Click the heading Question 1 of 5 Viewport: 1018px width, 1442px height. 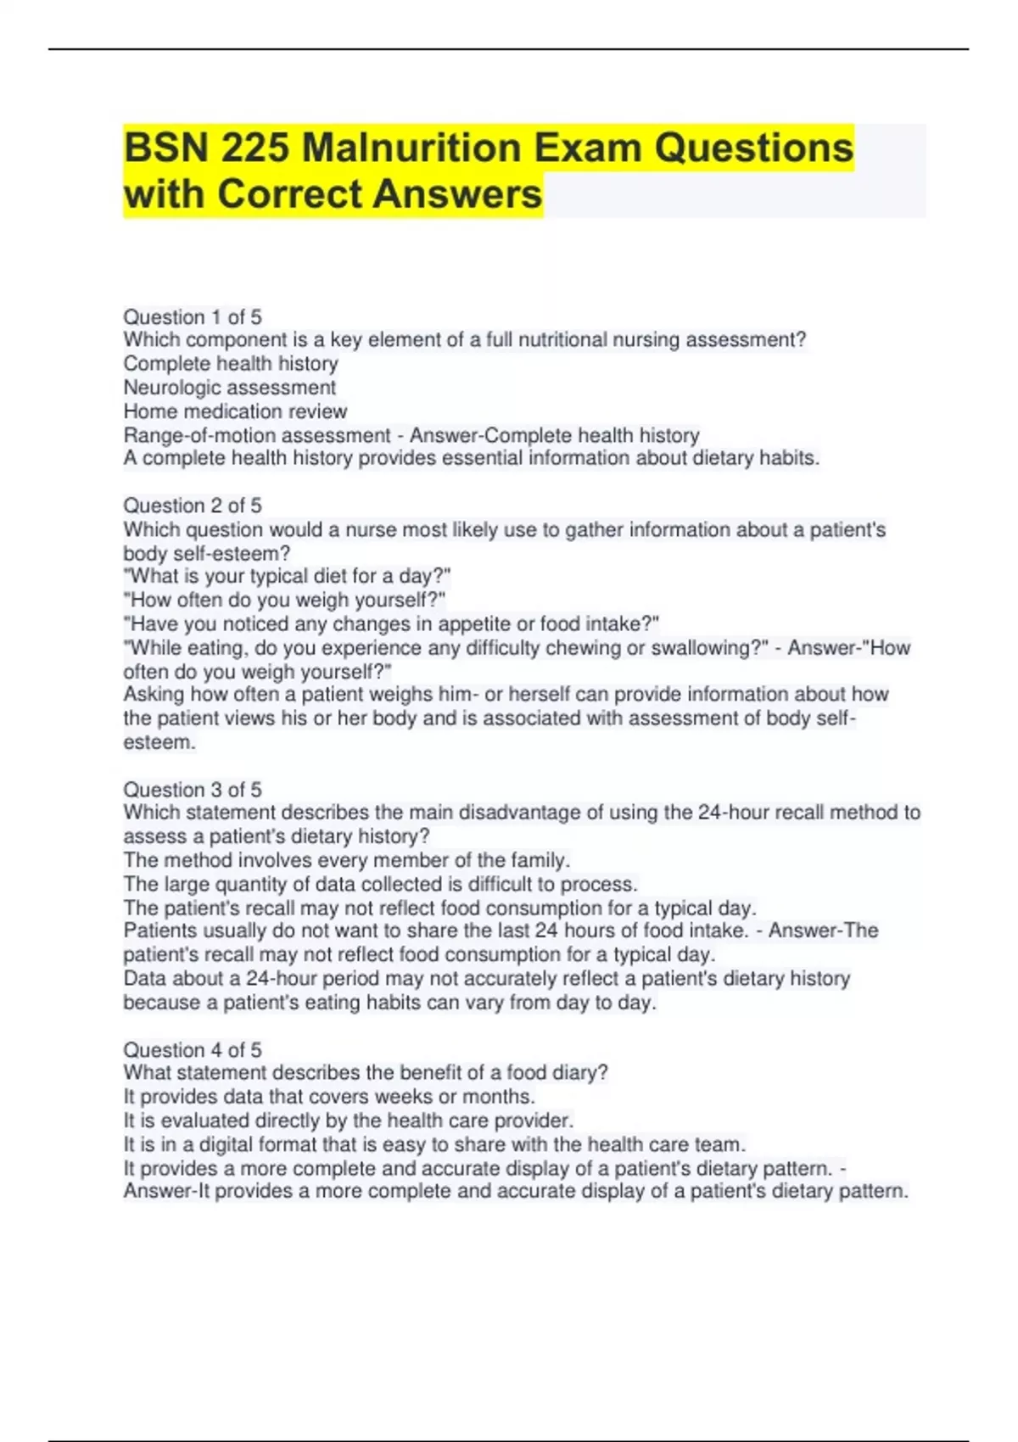click(193, 317)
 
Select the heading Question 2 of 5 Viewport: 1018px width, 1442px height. click(193, 506)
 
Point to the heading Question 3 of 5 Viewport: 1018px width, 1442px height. click(193, 790)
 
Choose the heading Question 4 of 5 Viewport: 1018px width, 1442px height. click(193, 1050)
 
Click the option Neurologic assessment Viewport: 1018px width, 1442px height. click(230, 388)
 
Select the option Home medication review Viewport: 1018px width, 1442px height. click(235, 411)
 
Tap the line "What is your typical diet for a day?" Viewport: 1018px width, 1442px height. click(287, 577)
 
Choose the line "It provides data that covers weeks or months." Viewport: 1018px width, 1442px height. click(329, 1097)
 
